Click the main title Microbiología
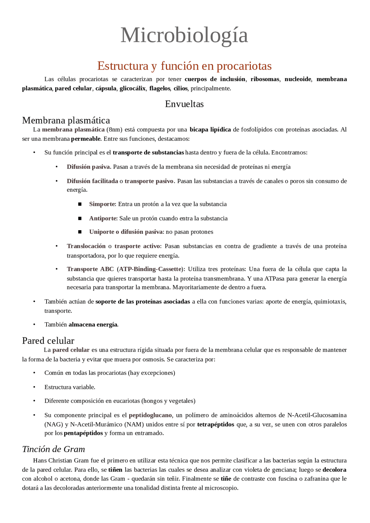pos(184,35)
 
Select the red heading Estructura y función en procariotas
pos(184,66)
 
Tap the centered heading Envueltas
pos(184,104)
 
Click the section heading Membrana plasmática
pos(66,120)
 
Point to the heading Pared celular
pos(48,340)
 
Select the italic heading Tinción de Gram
pos(53,449)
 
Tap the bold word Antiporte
pos(103,218)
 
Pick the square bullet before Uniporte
pos(80,232)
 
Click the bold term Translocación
pos(86,246)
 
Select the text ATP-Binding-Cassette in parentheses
pos(150,269)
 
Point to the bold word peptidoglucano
pos(150,415)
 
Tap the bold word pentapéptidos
pos(83,433)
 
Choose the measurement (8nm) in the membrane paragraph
pos(114,130)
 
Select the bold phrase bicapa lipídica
pos(210,130)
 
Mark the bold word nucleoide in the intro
pos(298,79)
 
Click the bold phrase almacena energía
pos(93,325)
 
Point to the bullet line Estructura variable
pos(70,387)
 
